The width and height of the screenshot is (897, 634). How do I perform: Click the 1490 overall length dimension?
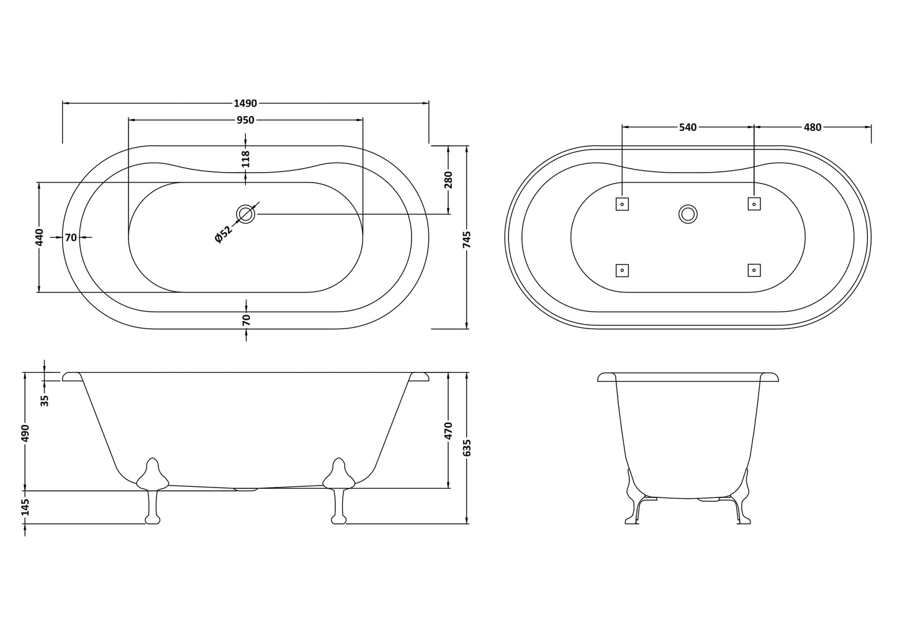(245, 103)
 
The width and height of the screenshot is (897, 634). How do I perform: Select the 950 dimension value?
(245, 120)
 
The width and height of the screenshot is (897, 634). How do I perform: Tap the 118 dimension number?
(246, 159)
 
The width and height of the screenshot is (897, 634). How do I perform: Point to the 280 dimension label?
(449, 179)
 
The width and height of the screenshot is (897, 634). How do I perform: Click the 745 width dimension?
(467, 239)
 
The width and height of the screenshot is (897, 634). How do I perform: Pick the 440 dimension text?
(39, 237)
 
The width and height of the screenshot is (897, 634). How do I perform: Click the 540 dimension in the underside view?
(687, 127)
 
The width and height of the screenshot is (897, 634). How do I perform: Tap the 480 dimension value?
(812, 127)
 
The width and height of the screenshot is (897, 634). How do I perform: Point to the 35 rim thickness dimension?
(44, 400)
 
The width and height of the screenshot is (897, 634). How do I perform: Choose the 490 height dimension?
(25, 432)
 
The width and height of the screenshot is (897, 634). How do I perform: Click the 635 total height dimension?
(467, 448)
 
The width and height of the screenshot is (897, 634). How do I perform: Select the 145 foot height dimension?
(25, 507)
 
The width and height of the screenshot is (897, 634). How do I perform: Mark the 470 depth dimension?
(449, 430)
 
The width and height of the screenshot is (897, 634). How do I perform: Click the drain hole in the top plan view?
(246, 214)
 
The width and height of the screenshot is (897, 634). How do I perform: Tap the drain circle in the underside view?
(688, 214)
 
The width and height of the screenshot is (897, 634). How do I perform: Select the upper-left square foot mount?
(622, 204)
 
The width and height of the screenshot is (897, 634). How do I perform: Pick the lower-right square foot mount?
(754, 270)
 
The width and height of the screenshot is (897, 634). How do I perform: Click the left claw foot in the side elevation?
(152, 491)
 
